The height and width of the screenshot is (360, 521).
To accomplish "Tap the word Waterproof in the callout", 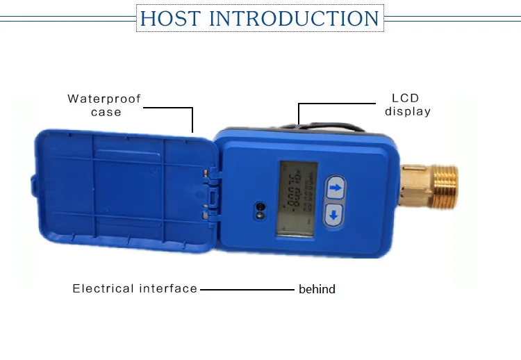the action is (x=104, y=99).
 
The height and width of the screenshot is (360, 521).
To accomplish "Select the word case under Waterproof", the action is (x=106, y=112).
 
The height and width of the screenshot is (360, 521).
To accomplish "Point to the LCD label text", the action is (x=406, y=99).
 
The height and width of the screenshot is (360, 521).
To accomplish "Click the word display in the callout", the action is (x=408, y=111).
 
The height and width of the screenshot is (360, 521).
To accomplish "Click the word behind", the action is (x=317, y=289).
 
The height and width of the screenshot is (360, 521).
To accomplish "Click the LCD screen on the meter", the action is (x=297, y=198).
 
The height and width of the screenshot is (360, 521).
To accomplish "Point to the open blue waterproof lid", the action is (x=125, y=186).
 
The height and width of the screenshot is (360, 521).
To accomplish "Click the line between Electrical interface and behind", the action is (x=247, y=289).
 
